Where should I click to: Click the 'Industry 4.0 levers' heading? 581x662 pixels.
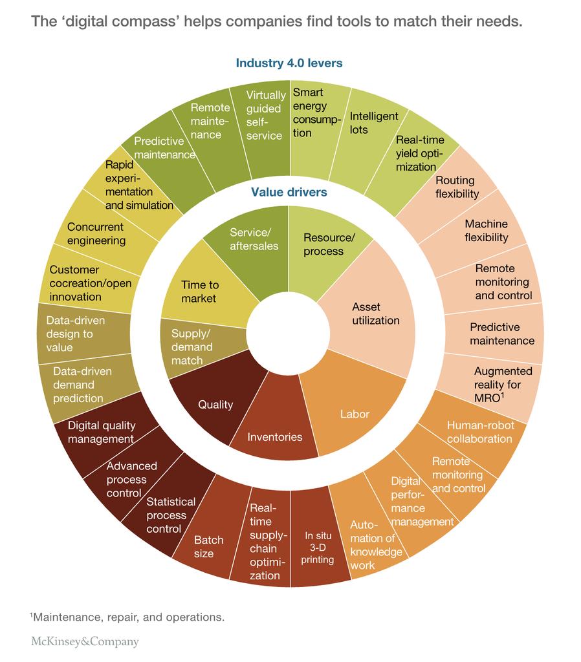coord(289,63)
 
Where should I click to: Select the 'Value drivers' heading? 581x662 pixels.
coord(289,192)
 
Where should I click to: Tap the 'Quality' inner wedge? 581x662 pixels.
coord(215,405)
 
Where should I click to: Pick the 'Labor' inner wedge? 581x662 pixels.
coord(355,414)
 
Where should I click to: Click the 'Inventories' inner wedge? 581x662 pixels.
coord(274,437)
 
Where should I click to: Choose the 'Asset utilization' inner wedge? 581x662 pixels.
coord(376,314)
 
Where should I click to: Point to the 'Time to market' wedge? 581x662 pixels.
coord(200,292)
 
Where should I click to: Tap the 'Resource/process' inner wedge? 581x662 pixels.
coord(329,244)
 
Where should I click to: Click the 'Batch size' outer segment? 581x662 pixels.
coord(209,546)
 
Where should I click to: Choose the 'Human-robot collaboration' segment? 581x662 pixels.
coord(479,432)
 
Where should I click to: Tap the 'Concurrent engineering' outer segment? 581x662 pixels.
coord(96,234)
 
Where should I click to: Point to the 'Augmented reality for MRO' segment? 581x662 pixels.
coord(503,384)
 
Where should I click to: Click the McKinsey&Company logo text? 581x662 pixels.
coord(85,642)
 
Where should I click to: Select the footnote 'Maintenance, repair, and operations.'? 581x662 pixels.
coord(127,617)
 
